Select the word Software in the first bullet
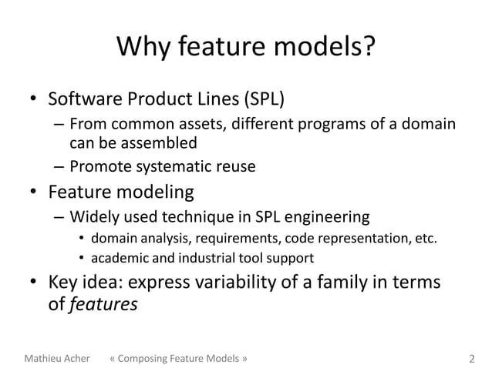coord(81,99)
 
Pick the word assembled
coord(159,142)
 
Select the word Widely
coord(93,215)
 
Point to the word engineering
coord(325,215)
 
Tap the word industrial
coord(200,257)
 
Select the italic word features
coord(103,304)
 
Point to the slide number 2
coord(472,359)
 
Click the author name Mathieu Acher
coord(58,359)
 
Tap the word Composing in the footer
coord(148,359)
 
